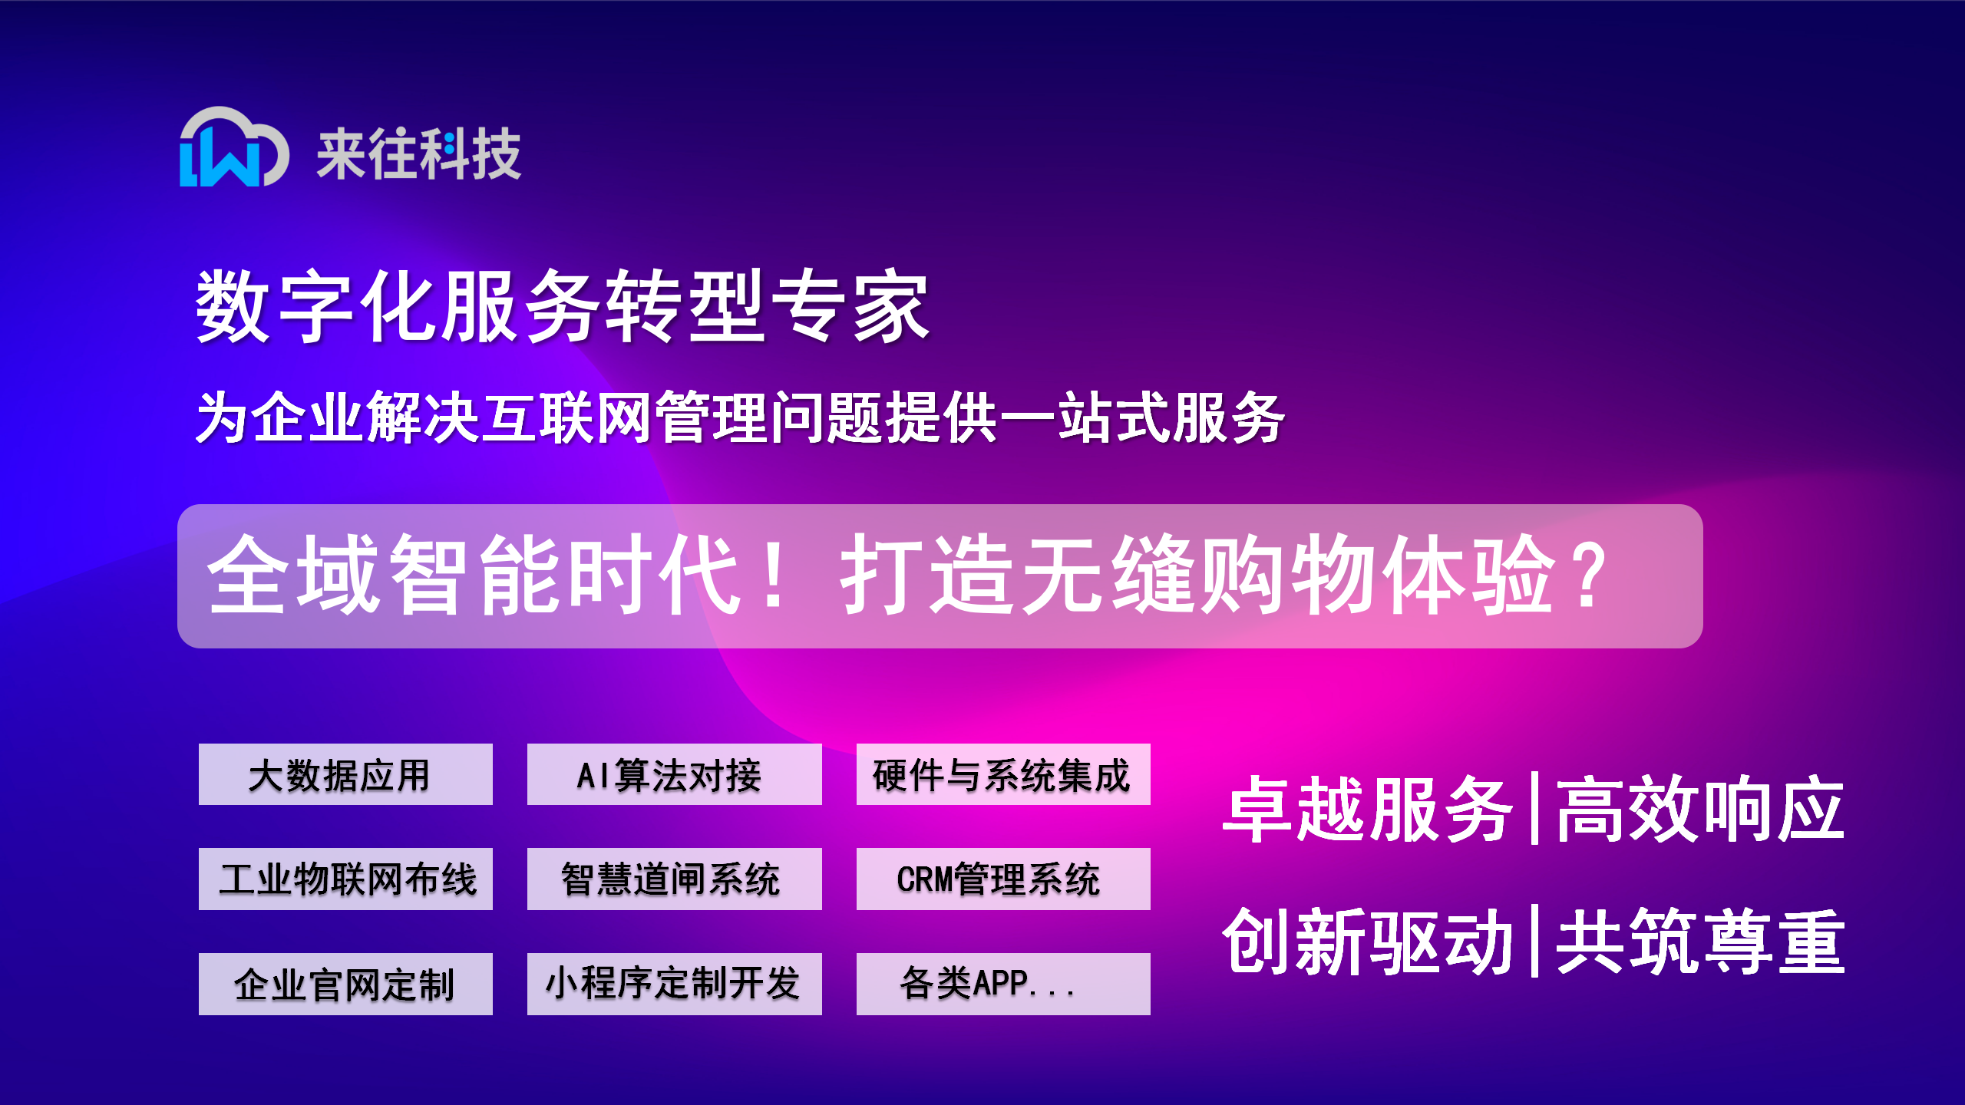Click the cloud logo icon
click(x=233, y=147)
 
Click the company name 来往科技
click(x=419, y=154)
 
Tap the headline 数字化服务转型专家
click(x=563, y=305)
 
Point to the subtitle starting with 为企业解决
click(x=740, y=417)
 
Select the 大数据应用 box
click(x=345, y=774)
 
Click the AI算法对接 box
click(x=674, y=774)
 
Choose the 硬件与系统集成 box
click(x=1003, y=774)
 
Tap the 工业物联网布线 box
click(x=345, y=879)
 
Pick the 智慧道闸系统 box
click(x=674, y=879)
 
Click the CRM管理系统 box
click(x=1003, y=879)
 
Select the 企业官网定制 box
click(x=345, y=984)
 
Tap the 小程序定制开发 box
click(x=674, y=984)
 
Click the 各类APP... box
click(x=1003, y=984)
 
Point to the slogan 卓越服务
click(x=1367, y=810)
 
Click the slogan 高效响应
click(x=1700, y=810)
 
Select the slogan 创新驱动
click(x=1367, y=942)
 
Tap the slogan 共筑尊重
click(x=1700, y=942)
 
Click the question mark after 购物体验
click(x=1587, y=576)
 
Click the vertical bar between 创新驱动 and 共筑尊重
click(x=1534, y=941)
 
